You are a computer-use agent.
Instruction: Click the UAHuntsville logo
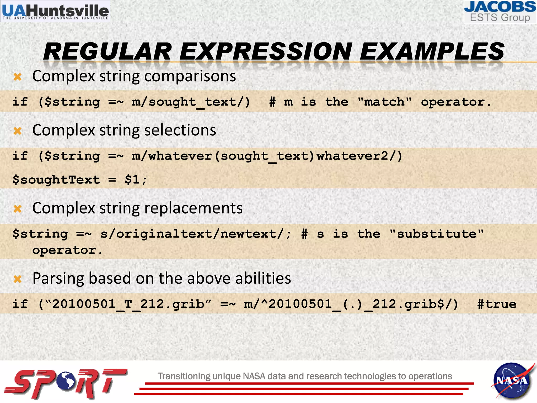tap(55, 11)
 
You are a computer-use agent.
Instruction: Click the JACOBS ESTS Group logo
tap(500, 12)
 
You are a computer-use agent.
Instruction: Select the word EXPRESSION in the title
tap(265, 52)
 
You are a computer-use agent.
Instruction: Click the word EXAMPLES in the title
tap(432, 52)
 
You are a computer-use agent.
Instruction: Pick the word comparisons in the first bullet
tap(190, 77)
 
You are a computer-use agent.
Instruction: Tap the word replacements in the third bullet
tap(193, 208)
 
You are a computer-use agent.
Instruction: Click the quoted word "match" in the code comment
tap(384, 102)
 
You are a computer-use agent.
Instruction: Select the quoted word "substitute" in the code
tap(436, 234)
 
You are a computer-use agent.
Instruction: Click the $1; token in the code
tap(136, 180)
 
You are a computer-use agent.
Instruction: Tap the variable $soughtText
tap(56, 180)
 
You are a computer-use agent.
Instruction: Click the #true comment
tap(497, 304)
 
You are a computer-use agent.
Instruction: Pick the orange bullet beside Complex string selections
tap(18, 131)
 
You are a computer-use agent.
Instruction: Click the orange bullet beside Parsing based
tap(18, 279)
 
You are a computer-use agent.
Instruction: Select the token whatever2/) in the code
tap(359, 156)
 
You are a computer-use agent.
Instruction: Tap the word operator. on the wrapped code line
tap(67, 250)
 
